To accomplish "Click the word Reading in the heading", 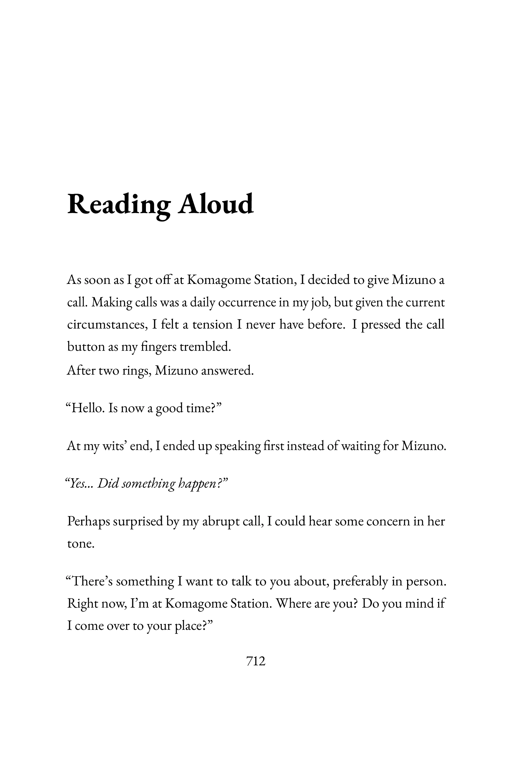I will (119, 205).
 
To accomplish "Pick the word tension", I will (212, 325).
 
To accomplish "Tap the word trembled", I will (205, 346).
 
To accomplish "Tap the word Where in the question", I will (294, 603).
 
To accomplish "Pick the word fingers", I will (158, 347).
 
